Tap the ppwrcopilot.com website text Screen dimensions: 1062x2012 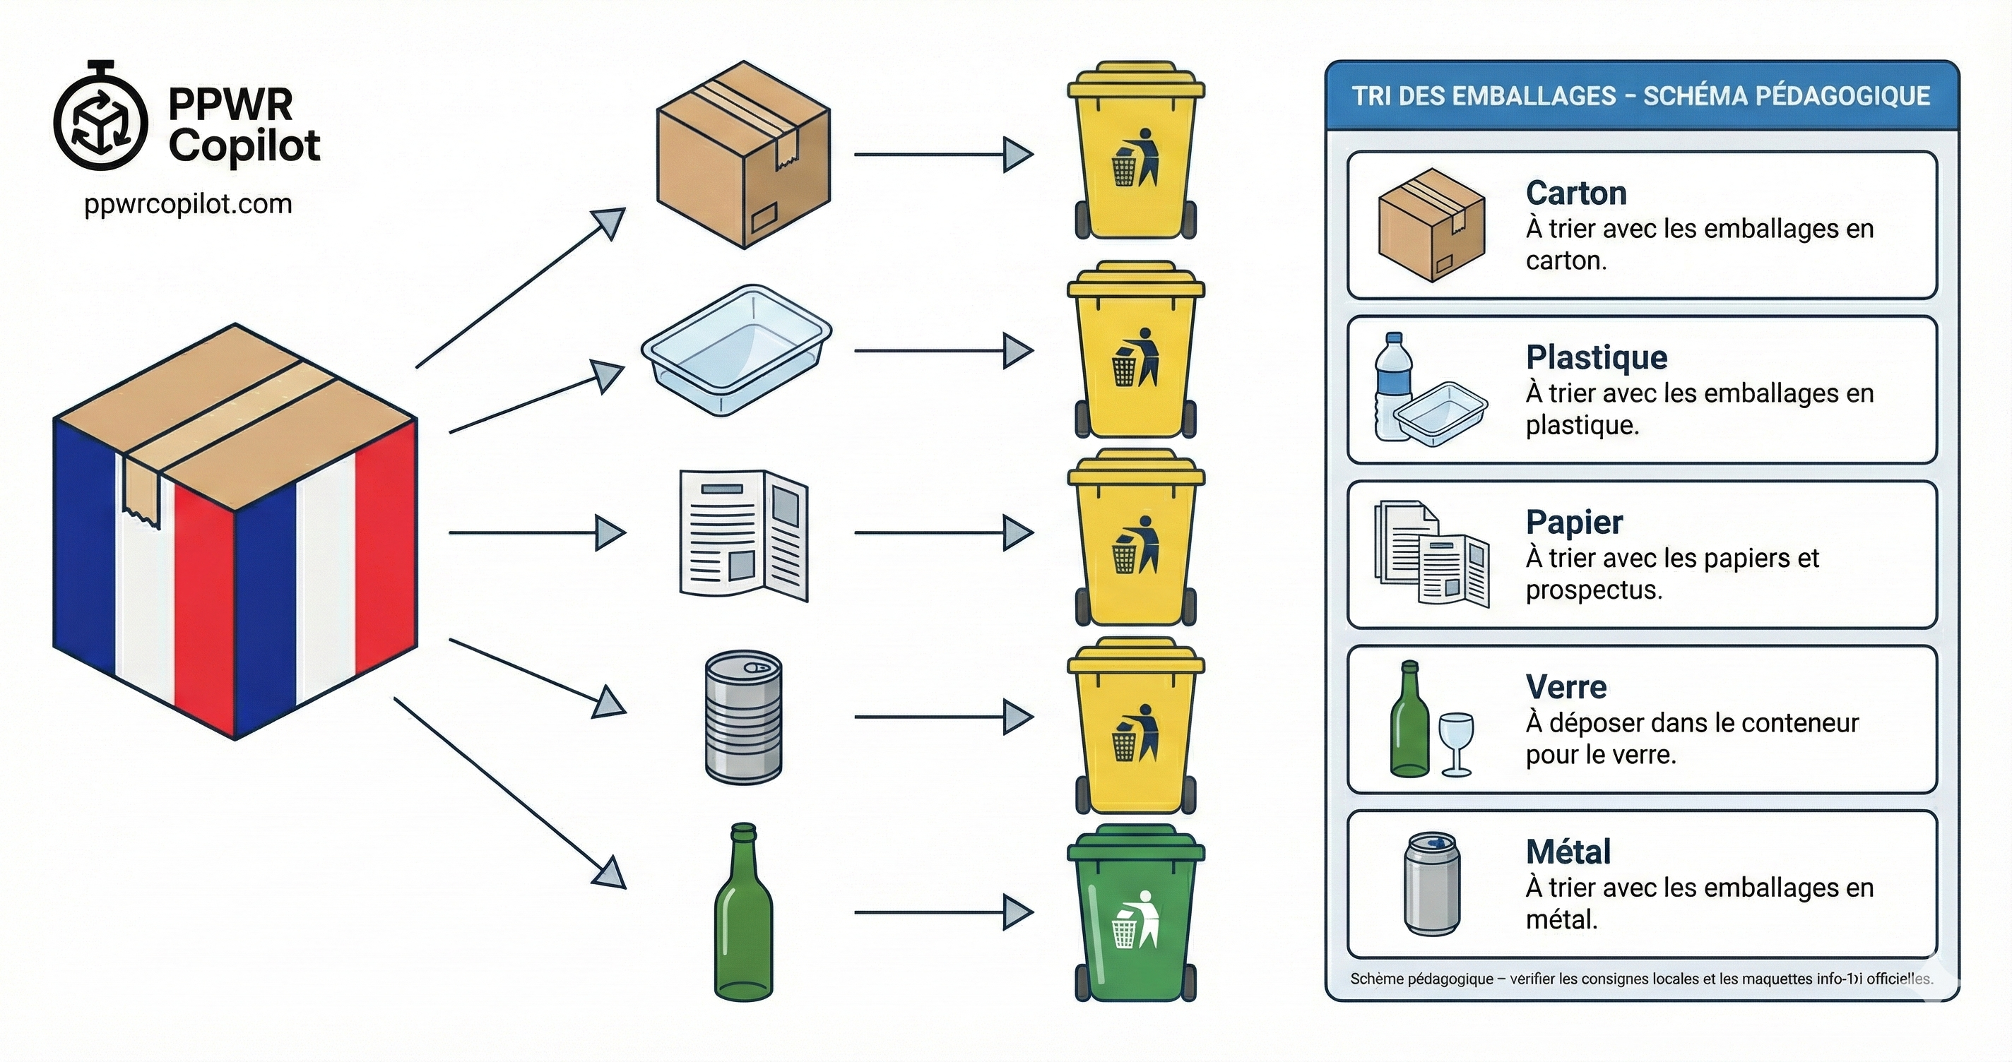pos(187,204)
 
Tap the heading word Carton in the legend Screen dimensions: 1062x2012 pos(1575,193)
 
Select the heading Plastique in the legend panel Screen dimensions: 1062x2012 pos(1596,357)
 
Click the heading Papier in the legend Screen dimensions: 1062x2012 pos(1574,522)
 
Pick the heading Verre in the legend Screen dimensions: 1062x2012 pos(1566,686)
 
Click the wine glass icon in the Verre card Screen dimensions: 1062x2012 pos(1456,743)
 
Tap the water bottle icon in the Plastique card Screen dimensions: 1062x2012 pos(1392,386)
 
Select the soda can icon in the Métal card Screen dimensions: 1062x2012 pos(1432,883)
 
